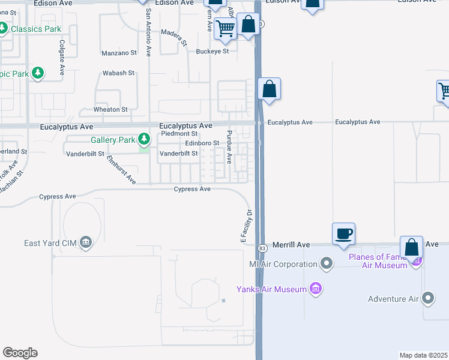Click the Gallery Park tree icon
click(144, 140)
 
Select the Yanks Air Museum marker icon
click(315, 289)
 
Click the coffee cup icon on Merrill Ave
click(343, 234)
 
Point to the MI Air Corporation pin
click(327, 263)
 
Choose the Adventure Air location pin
click(428, 298)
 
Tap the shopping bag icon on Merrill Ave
click(411, 247)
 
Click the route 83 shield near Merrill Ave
click(262, 248)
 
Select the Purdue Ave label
click(229, 145)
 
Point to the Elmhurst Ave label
click(119, 169)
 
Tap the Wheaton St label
click(110, 110)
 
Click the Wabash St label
click(118, 73)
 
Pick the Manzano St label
click(117, 53)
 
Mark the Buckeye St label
click(212, 52)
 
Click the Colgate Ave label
click(62, 58)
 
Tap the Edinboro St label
click(202, 143)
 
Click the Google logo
click(20, 353)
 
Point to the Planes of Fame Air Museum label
click(378, 262)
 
